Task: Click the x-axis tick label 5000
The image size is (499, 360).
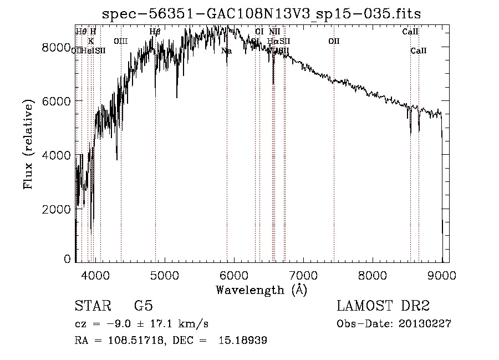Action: click(164, 275)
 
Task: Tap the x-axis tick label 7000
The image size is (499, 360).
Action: click(303, 275)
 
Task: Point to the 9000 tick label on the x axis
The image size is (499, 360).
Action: click(442, 275)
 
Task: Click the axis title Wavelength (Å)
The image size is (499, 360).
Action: click(261, 290)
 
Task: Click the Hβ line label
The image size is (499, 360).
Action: click(155, 32)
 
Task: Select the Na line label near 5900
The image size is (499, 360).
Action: click(226, 51)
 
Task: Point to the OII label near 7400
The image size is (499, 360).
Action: click(334, 41)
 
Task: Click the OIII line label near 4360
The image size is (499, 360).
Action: click(120, 41)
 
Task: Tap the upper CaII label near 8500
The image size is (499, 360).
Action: click(410, 32)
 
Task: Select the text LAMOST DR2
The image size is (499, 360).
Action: click(383, 307)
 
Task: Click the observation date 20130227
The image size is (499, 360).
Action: click(424, 324)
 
